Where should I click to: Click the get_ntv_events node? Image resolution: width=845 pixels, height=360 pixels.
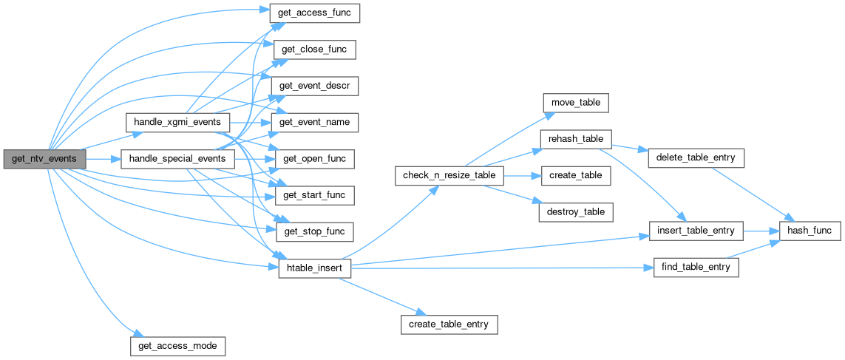[x=44, y=158]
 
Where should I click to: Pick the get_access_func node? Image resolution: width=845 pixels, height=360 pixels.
[x=314, y=13]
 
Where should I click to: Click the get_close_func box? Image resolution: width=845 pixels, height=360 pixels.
[x=314, y=50]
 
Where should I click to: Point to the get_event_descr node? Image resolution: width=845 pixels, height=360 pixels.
[x=314, y=86]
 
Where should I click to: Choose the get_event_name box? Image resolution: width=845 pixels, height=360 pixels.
[x=314, y=121]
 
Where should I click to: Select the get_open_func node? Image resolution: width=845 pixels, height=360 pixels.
[x=314, y=158]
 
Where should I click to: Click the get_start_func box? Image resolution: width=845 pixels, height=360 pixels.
[x=314, y=194]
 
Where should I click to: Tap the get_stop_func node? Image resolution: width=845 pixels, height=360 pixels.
[x=314, y=231]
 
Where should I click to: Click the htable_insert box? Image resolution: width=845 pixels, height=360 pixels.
[x=314, y=267]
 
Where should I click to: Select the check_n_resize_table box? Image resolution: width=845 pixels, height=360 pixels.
[x=449, y=175]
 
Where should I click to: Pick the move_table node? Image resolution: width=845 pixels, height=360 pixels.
[x=575, y=103]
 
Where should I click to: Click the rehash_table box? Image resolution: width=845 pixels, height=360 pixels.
[x=576, y=139]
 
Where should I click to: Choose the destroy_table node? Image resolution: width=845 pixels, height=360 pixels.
[x=576, y=211]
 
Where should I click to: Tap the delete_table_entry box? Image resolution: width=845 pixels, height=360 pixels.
[x=694, y=157]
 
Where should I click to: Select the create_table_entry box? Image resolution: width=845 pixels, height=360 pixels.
[x=449, y=324]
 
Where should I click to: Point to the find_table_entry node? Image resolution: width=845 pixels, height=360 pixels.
[x=696, y=267]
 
